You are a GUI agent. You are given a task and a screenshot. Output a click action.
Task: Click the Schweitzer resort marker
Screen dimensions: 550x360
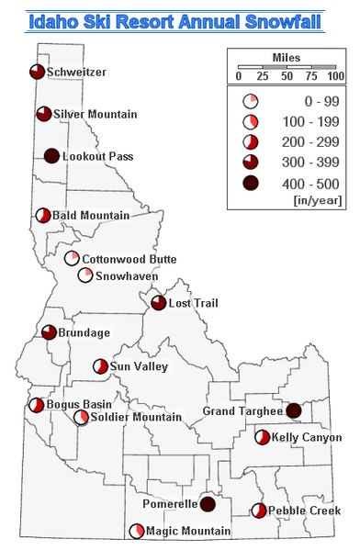(36, 72)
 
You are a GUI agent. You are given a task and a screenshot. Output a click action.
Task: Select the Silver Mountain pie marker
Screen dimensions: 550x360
(43, 114)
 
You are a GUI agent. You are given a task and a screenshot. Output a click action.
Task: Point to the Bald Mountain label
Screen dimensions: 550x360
(91, 216)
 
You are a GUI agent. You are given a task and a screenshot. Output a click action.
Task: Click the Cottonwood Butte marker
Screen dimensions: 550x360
(72, 258)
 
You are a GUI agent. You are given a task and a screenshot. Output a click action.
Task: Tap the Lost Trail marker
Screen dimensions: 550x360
(158, 302)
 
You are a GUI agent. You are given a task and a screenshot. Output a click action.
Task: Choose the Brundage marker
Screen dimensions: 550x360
(49, 332)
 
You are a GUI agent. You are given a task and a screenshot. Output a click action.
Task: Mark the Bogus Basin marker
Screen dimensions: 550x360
(36, 405)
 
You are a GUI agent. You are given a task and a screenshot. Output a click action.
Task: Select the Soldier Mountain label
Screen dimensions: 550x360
(137, 417)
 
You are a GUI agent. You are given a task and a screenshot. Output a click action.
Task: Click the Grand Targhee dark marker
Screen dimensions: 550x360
(294, 410)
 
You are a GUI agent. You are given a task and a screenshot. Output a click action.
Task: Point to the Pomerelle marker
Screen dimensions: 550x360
(208, 504)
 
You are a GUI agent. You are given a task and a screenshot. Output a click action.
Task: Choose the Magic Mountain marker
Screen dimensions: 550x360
(137, 531)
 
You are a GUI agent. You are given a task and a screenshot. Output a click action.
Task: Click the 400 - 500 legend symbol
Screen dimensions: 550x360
(250, 183)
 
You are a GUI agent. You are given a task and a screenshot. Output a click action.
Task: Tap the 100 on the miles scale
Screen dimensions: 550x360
(335, 75)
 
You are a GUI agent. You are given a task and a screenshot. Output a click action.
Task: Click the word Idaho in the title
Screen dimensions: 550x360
(54, 20)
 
